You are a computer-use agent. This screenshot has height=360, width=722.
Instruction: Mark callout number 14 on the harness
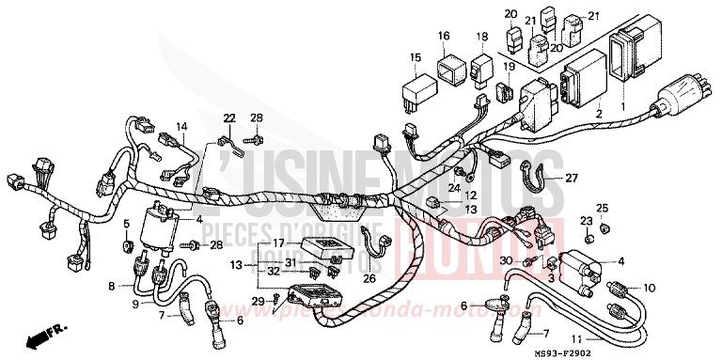pyautogui.click(x=180, y=126)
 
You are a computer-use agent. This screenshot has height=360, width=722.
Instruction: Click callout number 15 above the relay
pyautogui.click(x=415, y=59)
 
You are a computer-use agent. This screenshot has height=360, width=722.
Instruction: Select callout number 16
pyautogui.click(x=443, y=36)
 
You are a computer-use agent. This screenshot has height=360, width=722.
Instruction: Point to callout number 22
pyautogui.click(x=228, y=117)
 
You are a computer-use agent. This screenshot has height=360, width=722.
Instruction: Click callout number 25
pyautogui.click(x=603, y=208)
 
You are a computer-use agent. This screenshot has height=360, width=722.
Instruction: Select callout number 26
pyautogui.click(x=369, y=277)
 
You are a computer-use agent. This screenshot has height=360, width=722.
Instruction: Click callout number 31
pyautogui.click(x=291, y=261)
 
